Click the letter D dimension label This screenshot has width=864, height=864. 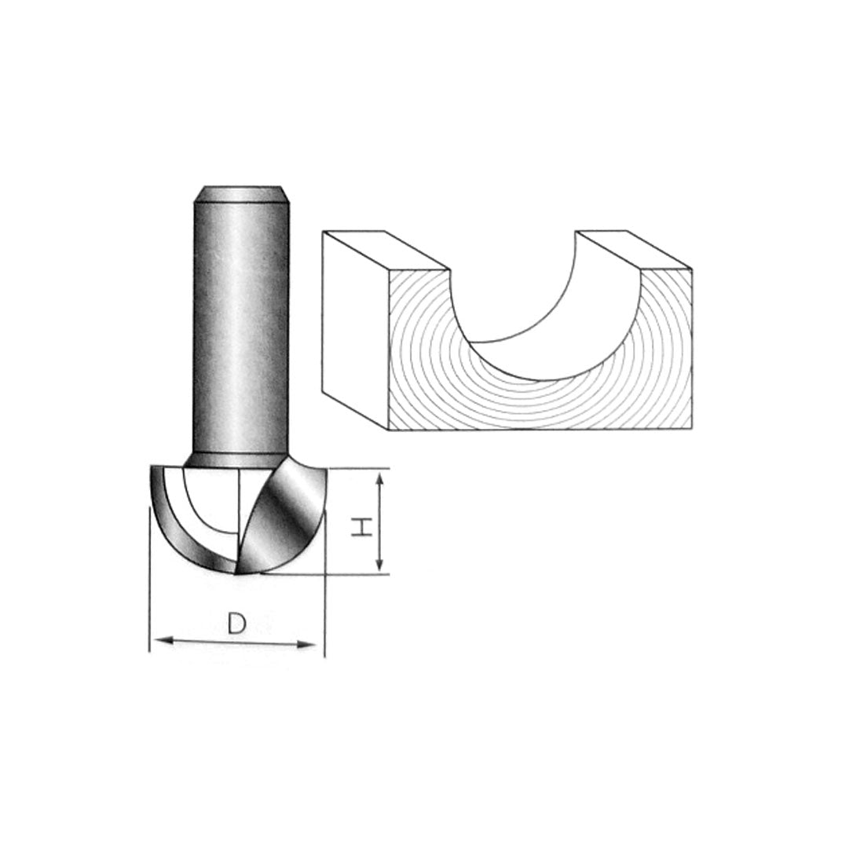236,624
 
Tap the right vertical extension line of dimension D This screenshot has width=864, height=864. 324,613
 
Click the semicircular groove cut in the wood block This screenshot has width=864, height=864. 542,314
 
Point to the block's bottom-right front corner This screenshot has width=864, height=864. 692,430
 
